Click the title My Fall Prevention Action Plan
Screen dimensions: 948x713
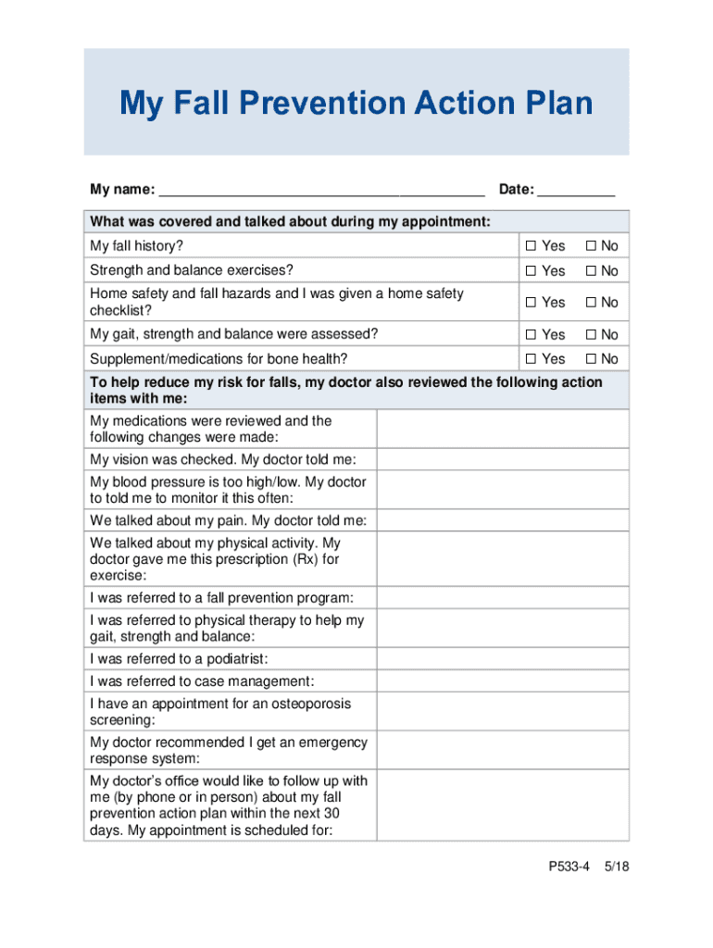click(356, 103)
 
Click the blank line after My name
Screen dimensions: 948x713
click(321, 191)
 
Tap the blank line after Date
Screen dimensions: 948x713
click(576, 191)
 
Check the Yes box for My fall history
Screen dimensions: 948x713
click(531, 246)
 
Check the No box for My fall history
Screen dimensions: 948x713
click(591, 246)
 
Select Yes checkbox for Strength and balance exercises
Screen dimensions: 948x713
click(531, 271)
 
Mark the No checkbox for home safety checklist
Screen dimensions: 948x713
click(591, 303)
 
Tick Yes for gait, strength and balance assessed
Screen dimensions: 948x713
click(531, 334)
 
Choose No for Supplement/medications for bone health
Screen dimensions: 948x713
click(591, 359)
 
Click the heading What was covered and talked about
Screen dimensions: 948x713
click(290, 221)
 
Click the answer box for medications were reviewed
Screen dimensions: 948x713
click(502, 429)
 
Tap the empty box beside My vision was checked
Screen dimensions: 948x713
click(502, 460)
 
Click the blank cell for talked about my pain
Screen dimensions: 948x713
click(502, 520)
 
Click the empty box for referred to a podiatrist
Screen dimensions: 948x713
click(502, 658)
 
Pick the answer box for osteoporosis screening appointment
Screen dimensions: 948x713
click(502, 711)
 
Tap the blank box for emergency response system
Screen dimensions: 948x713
click(502, 750)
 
